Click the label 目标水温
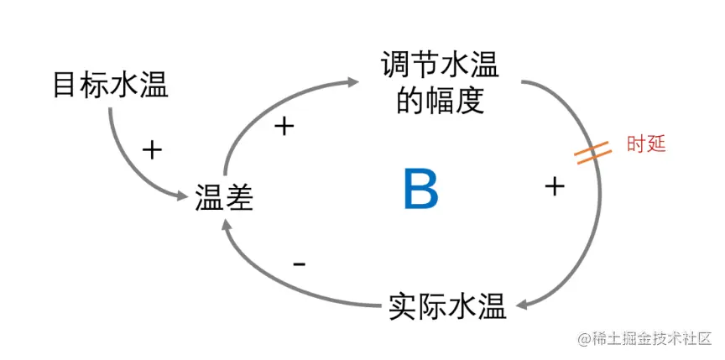click(110, 85)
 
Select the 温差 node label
click(224, 199)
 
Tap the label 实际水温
click(448, 306)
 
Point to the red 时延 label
click(646, 143)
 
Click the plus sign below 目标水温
click(151, 150)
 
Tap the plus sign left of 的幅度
click(285, 127)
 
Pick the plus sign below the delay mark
click(553, 186)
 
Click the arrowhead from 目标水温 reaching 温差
click(180, 196)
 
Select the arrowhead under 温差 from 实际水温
click(227, 223)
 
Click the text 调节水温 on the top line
click(440, 65)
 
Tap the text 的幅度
click(440, 102)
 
